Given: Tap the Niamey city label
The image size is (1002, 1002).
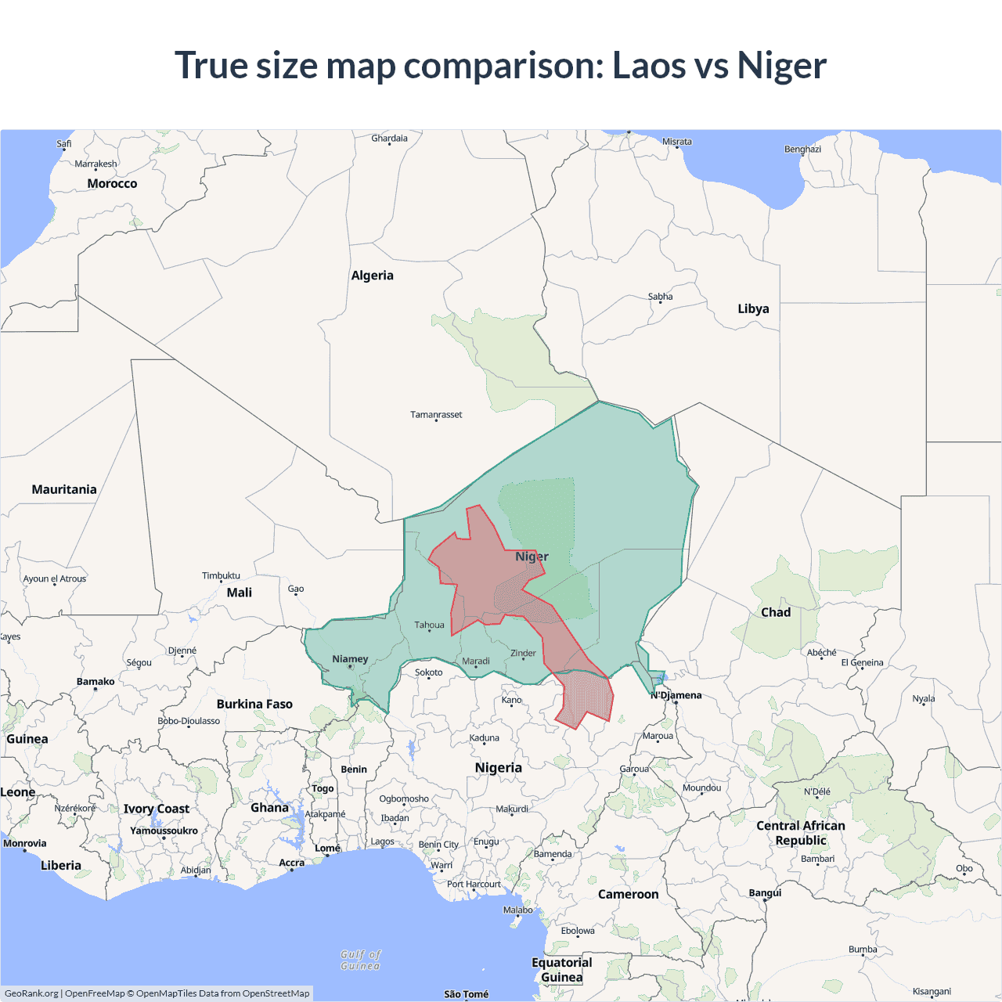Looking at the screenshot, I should [x=350, y=659].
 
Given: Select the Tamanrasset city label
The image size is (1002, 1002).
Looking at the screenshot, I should [x=436, y=414].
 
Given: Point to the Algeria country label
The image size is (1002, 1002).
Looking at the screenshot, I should [x=373, y=276].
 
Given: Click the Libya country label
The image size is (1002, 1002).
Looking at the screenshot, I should [x=753, y=308].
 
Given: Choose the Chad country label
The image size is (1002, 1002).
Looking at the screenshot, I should [x=776, y=612].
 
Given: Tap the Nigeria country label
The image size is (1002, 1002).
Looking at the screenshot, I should [x=498, y=767].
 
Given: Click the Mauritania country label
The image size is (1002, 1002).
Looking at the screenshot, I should [x=64, y=489].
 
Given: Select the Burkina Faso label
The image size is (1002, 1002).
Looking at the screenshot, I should [x=254, y=704].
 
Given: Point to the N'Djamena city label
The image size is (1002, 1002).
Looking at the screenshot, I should [x=676, y=695].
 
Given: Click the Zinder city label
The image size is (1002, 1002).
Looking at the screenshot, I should [x=523, y=653].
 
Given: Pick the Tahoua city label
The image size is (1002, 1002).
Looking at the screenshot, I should [x=429, y=625].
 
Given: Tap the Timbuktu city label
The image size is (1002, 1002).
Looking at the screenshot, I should [x=221, y=575].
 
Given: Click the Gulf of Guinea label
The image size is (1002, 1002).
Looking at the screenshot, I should [x=361, y=960].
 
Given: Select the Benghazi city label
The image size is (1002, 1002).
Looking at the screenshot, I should [x=802, y=149].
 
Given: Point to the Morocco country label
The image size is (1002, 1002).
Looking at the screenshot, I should [x=112, y=183].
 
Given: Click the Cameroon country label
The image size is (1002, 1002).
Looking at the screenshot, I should [x=628, y=894].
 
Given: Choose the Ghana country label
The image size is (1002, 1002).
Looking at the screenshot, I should [x=269, y=807].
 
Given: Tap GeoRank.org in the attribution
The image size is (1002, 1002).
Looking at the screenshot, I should [x=31, y=993].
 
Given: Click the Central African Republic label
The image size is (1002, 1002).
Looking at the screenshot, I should [x=801, y=833].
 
